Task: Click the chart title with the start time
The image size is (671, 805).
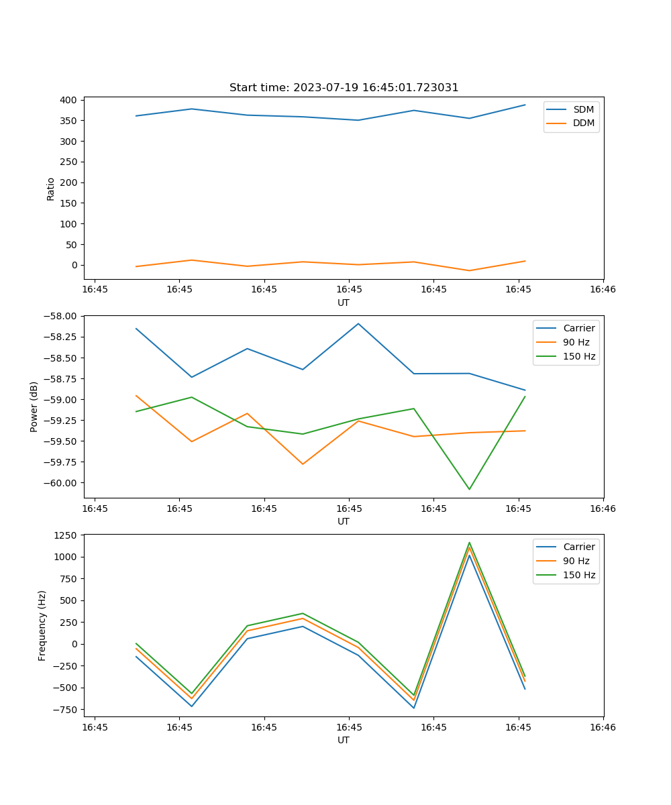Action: (x=344, y=88)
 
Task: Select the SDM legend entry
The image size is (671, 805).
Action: (x=583, y=109)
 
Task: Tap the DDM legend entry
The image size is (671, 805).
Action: (x=583, y=123)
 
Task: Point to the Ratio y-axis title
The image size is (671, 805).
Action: (x=51, y=189)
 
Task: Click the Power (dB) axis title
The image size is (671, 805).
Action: (x=34, y=407)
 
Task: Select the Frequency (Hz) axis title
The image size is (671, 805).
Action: (x=42, y=625)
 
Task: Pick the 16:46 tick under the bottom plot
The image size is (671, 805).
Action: (x=603, y=727)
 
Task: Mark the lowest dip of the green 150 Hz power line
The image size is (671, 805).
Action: (x=469, y=489)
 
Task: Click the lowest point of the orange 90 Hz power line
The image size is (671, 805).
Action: (x=303, y=464)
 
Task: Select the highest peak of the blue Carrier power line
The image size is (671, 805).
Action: (x=358, y=323)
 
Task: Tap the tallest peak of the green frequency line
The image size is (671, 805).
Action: (x=469, y=543)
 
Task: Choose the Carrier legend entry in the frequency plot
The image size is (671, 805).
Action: (x=579, y=547)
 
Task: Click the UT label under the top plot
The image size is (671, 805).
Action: (x=344, y=303)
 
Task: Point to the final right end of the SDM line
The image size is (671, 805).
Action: (x=525, y=105)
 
